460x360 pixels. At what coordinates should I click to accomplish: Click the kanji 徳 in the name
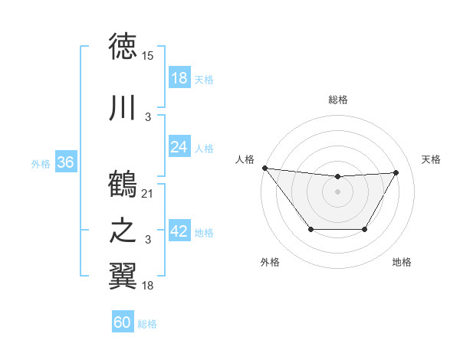pos(123,47)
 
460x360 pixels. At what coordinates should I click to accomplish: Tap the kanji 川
pos(123,108)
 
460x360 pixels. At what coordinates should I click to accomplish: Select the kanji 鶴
pos(123,185)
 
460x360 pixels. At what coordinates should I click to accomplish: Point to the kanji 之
pos(123,231)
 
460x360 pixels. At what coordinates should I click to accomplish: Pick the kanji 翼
pos(123,277)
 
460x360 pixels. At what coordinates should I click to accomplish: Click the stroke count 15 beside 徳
pos(148,56)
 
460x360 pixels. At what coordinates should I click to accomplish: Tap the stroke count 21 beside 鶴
pos(148,194)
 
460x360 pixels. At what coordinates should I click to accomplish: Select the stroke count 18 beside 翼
pos(148,286)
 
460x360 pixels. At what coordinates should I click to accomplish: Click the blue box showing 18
pos(179,78)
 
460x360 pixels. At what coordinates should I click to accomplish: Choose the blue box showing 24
pos(179,146)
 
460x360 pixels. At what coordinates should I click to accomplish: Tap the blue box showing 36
pos(65,162)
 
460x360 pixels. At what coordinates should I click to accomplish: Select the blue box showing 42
pos(179,231)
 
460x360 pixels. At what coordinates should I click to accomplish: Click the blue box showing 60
pos(122,322)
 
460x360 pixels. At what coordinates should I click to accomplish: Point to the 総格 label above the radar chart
pos(337,100)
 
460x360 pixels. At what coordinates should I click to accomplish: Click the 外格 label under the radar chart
pos(270,262)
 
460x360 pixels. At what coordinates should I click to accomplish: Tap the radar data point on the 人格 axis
pos(264,168)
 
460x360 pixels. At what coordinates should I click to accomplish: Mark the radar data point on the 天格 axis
pos(396,173)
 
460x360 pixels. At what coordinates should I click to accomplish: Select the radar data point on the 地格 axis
pos(365,229)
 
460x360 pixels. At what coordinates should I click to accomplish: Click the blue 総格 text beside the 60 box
pos(147,324)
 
